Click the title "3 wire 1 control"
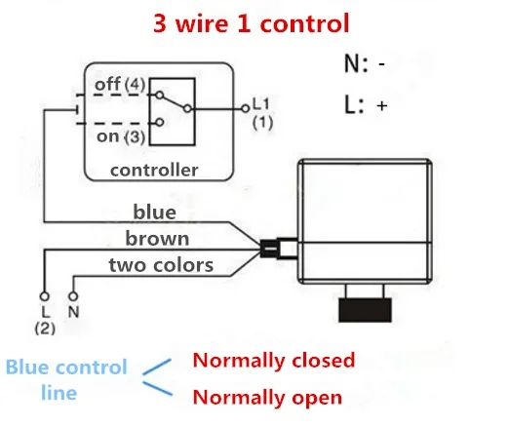click(x=251, y=23)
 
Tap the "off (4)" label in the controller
click(x=120, y=84)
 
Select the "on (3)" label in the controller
click(x=121, y=136)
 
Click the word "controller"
click(x=154, y=170)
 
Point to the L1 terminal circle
click(x=246, y=108)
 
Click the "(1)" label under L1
click(x=262, y=123)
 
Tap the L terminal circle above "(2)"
click(x=45, y=296)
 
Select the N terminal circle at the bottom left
click(x=73, y=296)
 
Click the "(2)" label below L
click(x=45, y=329)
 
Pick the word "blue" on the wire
click(x=155, y=212)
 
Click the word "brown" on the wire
click(x=157, y=239)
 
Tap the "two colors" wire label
click(x=161, y=265)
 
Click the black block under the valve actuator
click(x=365, y=310)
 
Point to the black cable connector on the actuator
click(x=269, y=250)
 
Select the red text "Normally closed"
click(x=274, y=361)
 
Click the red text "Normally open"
click(x=267, y=398)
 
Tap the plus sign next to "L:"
click(x=382, y=105)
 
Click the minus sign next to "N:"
click(x=382, y=64)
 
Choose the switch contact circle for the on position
click(x=159, y=122)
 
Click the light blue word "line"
click(x=59, y=393)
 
